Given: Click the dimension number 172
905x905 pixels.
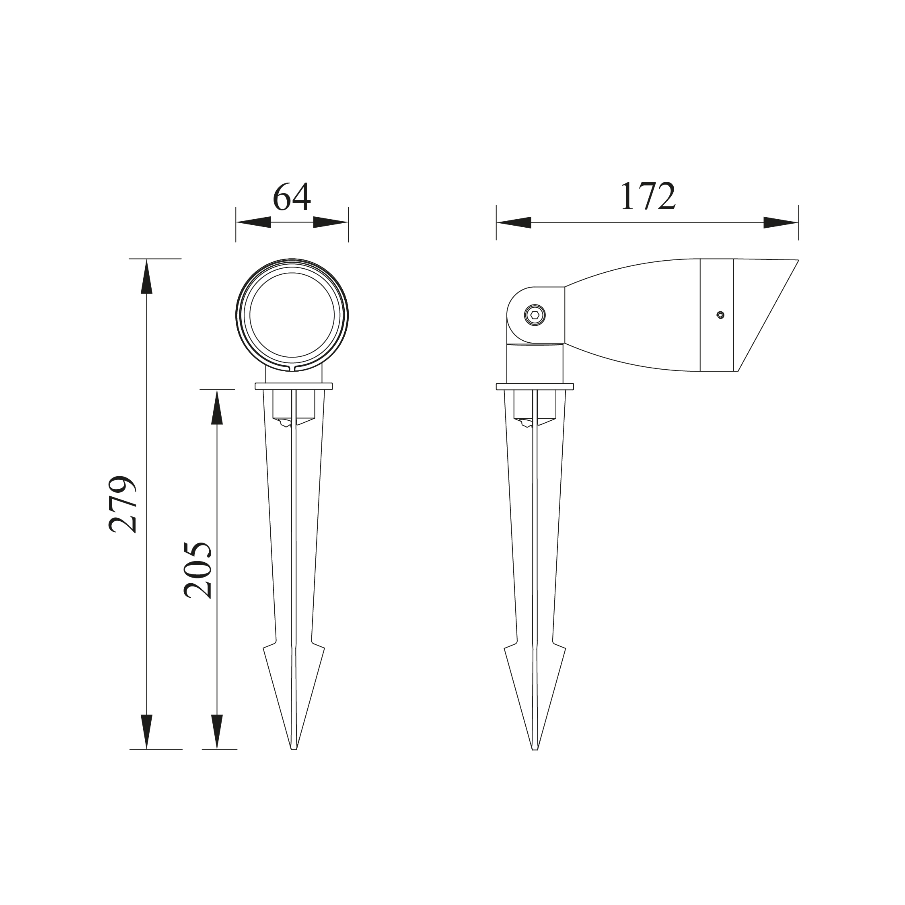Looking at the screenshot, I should pos(648,196).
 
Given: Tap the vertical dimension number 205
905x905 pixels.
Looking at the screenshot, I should pos(197,570).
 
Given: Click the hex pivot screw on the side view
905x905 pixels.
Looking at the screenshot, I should pos(535,315).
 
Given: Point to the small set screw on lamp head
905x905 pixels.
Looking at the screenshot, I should pos(720,315).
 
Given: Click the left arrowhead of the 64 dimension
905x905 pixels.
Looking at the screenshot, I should pos(253,222).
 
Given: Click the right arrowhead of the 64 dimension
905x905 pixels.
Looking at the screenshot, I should pos(330,222).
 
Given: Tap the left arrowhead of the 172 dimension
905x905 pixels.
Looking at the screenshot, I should pos(514,223).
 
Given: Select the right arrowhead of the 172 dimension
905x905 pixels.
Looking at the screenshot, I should pos(780,223).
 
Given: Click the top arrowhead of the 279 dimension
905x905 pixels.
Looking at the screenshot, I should pos(147,277).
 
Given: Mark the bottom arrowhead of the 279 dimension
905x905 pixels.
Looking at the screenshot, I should pos(147,731).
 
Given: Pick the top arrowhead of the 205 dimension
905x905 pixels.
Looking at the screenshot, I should pos(216,407).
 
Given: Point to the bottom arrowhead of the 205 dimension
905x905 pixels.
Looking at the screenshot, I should pos(216,731).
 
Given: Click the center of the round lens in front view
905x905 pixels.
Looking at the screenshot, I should pos(292,315).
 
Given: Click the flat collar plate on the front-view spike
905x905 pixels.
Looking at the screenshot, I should pos(294,387).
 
